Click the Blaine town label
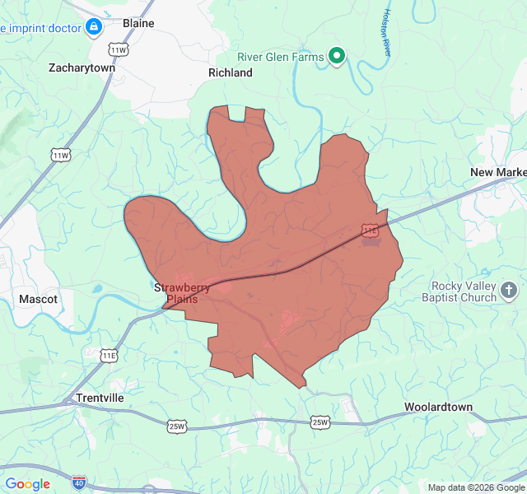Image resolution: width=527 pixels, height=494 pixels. pos(138,23)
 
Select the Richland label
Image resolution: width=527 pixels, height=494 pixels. pos(231,72)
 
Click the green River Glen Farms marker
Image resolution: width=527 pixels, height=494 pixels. pos(336,55)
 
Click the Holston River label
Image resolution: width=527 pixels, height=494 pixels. pos(387,33)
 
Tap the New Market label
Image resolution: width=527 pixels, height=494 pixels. pos(499,171)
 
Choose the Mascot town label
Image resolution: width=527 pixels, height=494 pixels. pos(39,299)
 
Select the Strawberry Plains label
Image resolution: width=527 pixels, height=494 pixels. pos(182,293)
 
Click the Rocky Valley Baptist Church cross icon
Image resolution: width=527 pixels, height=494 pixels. pos(510,290)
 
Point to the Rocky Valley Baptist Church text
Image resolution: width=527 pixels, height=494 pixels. pos(464,291)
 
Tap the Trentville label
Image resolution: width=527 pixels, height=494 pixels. pos(100,398)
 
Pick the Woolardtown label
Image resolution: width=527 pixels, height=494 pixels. pos(438,407)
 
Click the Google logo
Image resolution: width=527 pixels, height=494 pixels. pos(28,484)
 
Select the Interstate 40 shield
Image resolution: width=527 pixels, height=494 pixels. pos(78,481)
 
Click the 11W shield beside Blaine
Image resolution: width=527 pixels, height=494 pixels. pos(119,50)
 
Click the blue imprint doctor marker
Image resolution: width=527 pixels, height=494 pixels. pos(94,28)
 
